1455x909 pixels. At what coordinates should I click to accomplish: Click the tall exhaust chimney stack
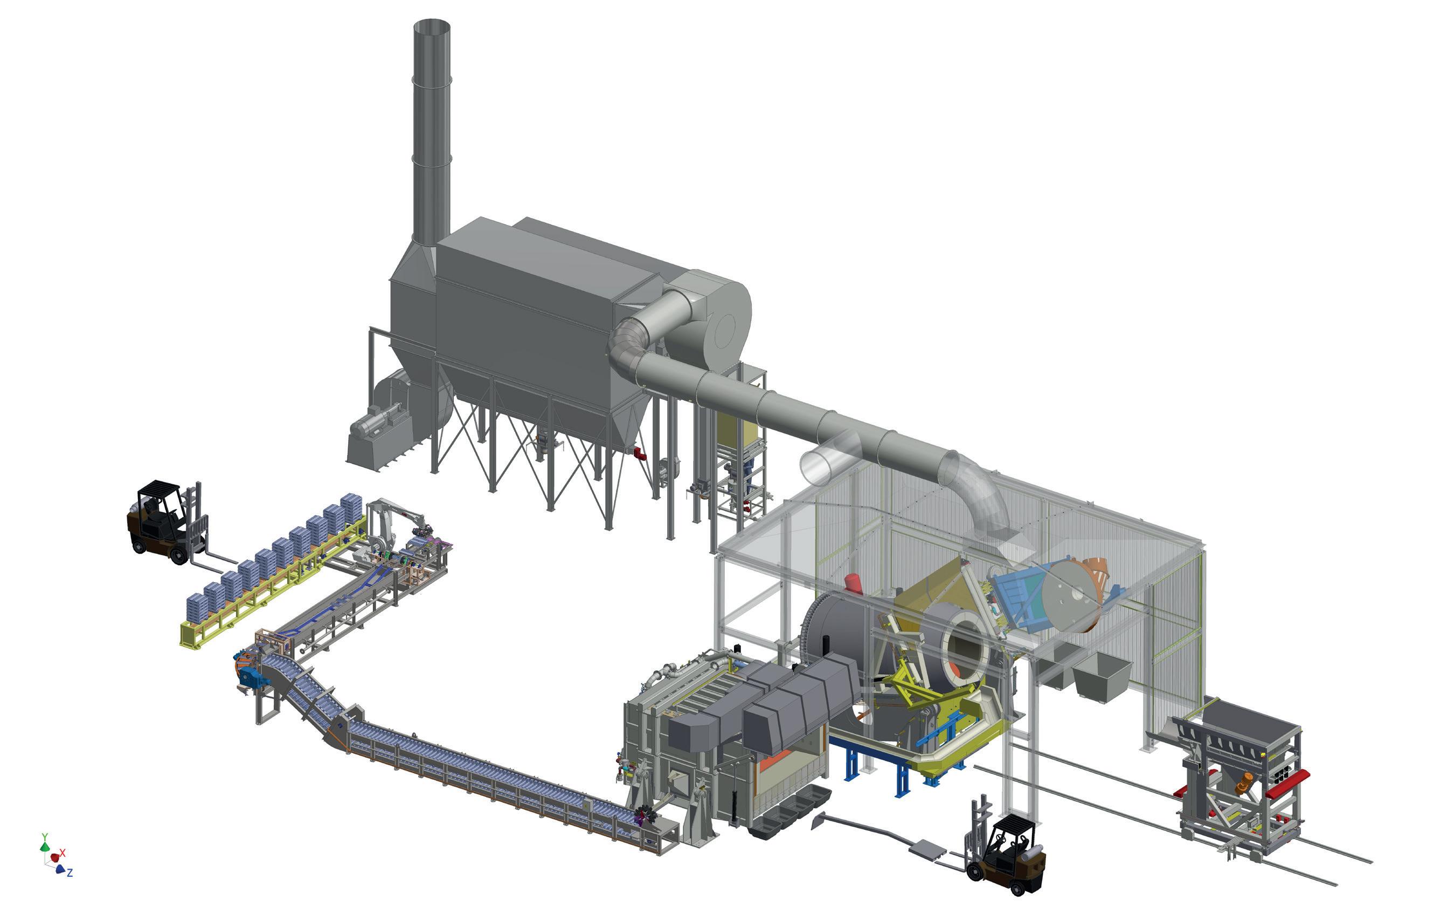click(x=431, y=132)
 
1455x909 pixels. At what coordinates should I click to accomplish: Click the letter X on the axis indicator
click(x=63, y=852)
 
